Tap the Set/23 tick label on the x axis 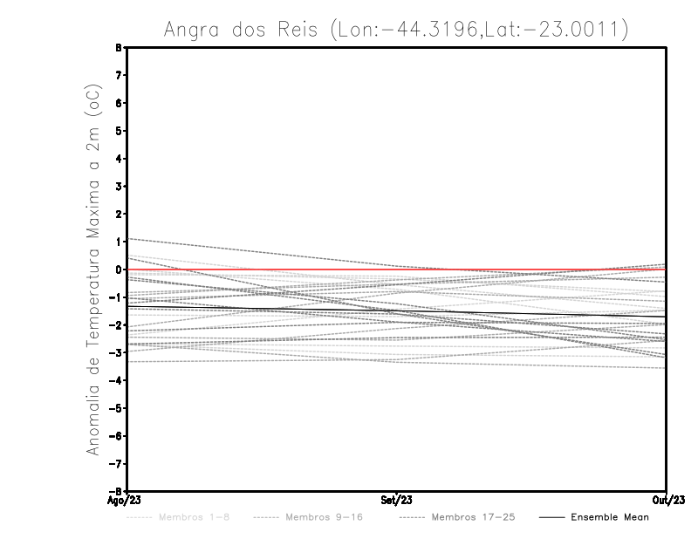point(397,501)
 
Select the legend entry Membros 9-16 point(324,517)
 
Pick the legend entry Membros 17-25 point(473,517)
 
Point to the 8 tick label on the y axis point(118,48)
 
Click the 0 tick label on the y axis point(118,269)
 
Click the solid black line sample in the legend point(551,517)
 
